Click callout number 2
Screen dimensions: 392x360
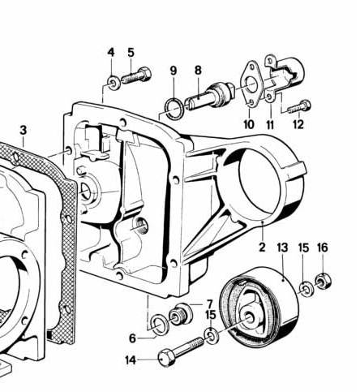tap(262, 244)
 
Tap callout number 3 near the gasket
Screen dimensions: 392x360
tap(23, 130)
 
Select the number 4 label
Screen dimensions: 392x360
tap(111, 53)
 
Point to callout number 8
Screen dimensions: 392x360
tap(197, 71)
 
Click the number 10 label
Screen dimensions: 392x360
tap(249, 124)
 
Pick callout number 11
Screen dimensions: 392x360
tap(270, 124)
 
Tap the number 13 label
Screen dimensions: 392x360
tap(282, 247)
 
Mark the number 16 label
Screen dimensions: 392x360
tap(322, 247)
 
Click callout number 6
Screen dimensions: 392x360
tap(133, 338)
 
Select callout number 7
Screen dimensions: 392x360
tap(208, 304)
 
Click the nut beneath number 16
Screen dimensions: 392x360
tap(322, 282)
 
